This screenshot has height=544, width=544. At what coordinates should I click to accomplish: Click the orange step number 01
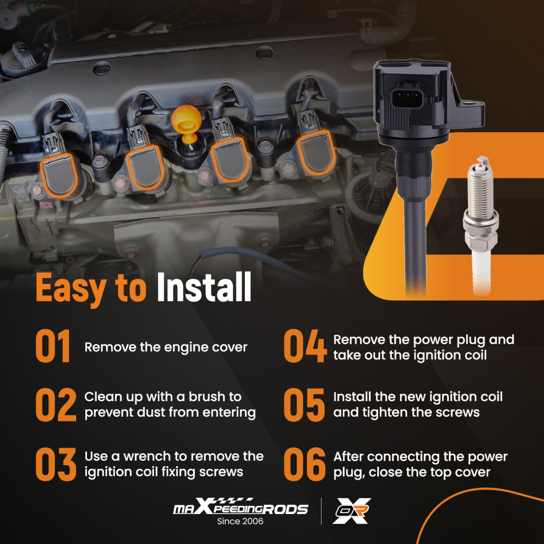pos(53,346)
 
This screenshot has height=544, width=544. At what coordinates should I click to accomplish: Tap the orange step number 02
pos(56,405)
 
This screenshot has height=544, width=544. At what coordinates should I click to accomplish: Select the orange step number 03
pos(56,464)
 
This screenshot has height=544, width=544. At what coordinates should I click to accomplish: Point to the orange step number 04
pos(305,346)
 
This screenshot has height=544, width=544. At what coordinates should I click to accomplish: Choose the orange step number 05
pos(304,405)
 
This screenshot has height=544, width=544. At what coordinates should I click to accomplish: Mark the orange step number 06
pos(305,464)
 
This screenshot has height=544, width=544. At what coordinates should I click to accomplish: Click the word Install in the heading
pos(204,287)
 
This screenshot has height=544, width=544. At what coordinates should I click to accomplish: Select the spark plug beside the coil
pos(481,226)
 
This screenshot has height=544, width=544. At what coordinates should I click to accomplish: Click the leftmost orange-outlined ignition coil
pos(59,176)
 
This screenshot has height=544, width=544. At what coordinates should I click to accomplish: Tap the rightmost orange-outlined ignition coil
pos(316,153)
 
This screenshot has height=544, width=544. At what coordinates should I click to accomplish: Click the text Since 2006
pos(240,521)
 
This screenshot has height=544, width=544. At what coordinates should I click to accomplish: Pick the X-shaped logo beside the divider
pos(351,511)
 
